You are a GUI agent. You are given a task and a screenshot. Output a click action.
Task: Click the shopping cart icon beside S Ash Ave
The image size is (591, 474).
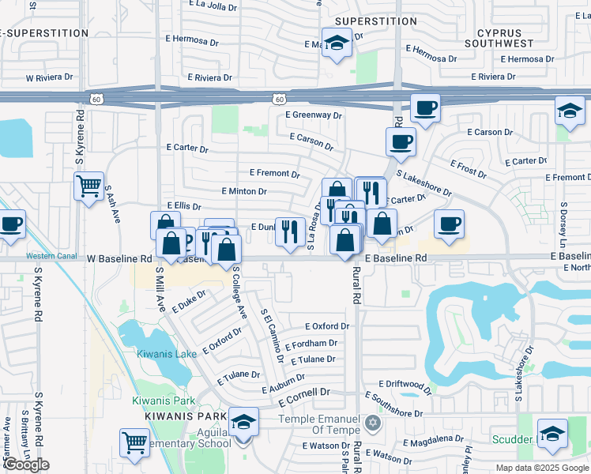88,186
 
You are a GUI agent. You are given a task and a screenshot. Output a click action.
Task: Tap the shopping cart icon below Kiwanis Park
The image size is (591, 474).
134,443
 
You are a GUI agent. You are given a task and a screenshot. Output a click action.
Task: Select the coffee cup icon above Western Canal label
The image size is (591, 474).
11,224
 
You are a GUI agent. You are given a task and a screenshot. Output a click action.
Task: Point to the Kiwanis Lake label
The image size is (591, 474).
166,354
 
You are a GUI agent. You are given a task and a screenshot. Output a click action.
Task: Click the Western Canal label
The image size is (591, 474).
51,256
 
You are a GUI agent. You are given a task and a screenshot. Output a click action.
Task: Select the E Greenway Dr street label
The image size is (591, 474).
314,115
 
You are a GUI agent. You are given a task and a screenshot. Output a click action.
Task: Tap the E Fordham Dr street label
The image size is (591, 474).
311,344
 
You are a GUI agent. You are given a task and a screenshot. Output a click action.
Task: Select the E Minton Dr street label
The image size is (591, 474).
244,191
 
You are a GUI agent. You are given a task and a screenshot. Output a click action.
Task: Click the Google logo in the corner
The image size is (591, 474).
27,465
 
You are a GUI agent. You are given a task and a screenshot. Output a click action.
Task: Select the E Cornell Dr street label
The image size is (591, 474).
303,393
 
